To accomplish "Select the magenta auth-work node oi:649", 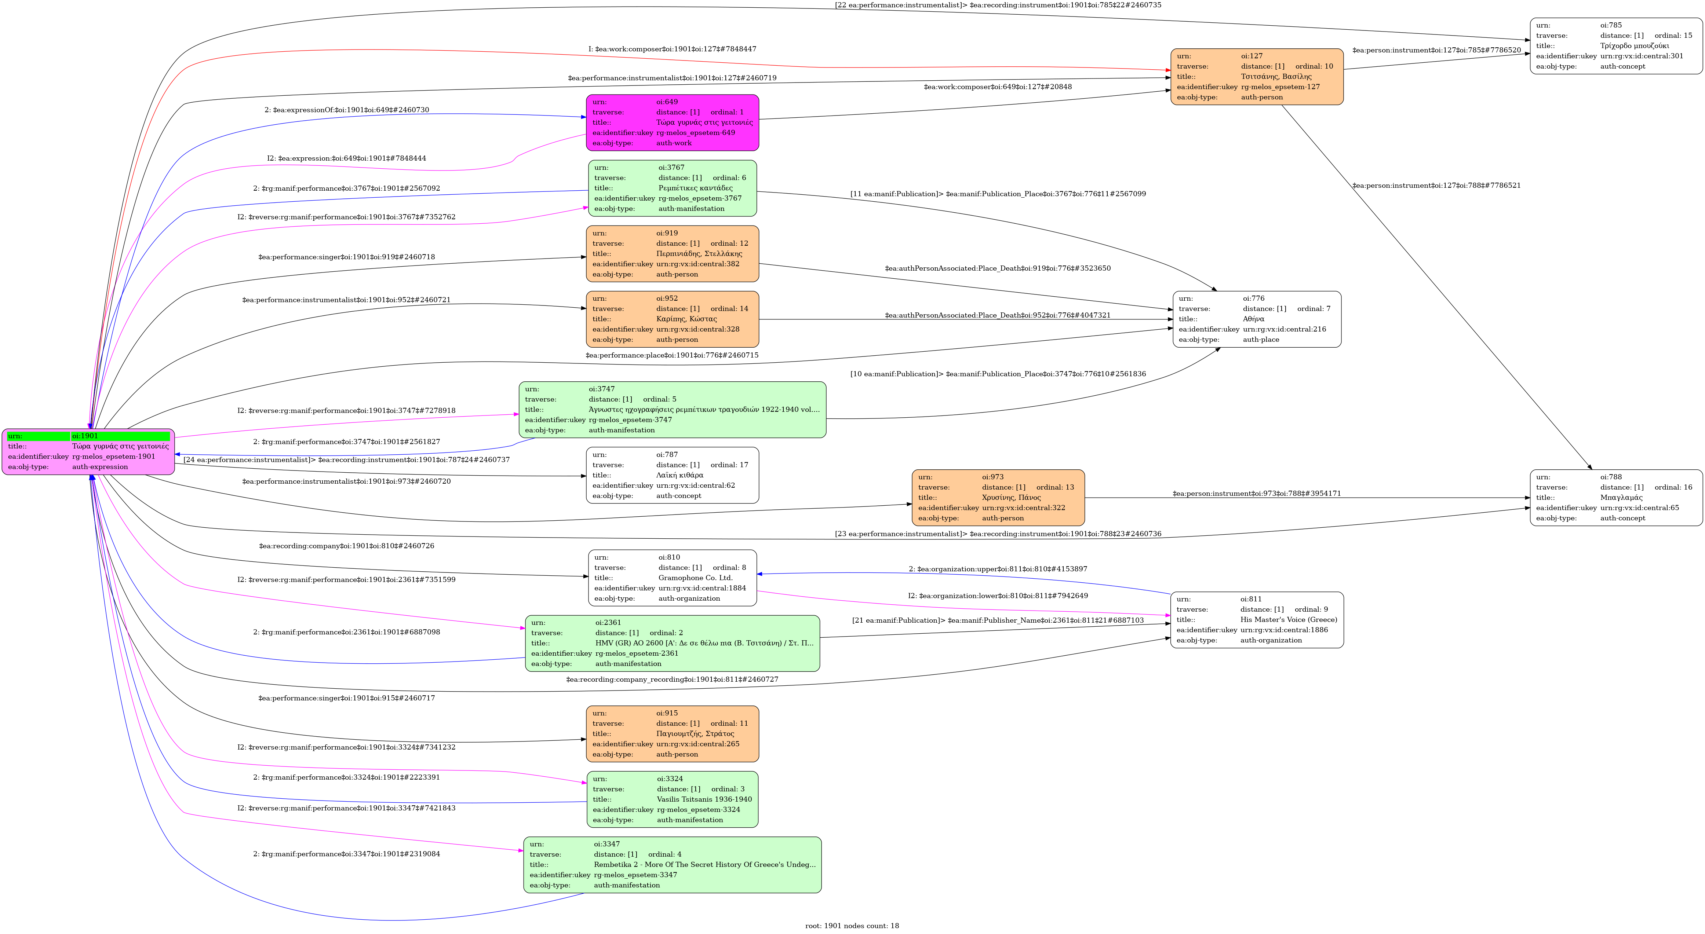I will [672, 122].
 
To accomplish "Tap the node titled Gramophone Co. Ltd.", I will [672, 578].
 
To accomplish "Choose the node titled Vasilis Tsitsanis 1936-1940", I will [672, 799].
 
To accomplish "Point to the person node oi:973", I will [998, 497].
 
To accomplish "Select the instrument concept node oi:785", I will [1615, 45].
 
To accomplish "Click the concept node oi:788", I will [1615, 497].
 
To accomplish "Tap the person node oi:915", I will [672, 733].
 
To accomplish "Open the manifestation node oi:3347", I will [672, 865].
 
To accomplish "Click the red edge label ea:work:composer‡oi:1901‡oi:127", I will [672, 49].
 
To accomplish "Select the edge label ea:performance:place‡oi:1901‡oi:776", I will [672, 355].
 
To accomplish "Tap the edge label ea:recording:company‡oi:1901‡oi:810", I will [346, 546].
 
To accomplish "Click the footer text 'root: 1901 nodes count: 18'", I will [852, 926].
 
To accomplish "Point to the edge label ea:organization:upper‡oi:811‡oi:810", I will [998, 569].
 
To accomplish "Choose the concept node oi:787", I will [672, 475].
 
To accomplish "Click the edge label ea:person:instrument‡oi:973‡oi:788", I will [1256, 494].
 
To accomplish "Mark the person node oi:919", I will [672, 253].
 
